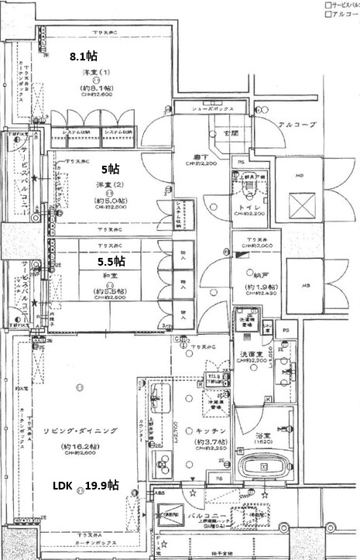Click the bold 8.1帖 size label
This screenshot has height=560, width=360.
pyautogui.click(x=84, y=57)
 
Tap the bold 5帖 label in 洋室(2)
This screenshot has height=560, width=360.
pyautogui.click(x=111, y=168)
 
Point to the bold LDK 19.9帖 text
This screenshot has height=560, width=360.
pyautogui.click(x=85, y=486)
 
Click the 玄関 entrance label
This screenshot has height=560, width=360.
pyautogui.click(x=232, y=132)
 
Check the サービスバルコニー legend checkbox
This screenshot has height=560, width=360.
pyautogui.click(x=327, y=5)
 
